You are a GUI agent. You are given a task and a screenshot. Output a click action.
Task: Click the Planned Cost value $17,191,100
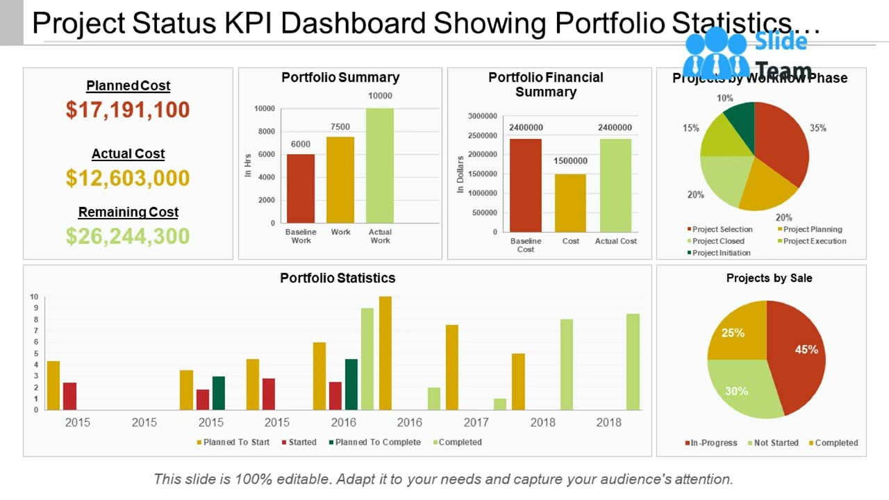(128, 110)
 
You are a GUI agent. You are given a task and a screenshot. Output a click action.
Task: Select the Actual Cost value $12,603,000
(128, 178)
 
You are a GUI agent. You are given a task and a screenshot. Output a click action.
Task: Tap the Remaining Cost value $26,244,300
(128, 236)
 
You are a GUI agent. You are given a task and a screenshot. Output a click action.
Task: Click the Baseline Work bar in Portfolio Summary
(301, 188)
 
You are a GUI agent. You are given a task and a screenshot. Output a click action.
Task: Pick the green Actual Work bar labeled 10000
(380, 165)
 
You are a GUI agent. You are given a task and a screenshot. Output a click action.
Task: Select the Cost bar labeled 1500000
(570, 203)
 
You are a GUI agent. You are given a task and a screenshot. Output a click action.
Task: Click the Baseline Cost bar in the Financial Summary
(525, 185)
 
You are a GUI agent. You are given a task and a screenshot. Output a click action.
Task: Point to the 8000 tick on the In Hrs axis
(266, 131)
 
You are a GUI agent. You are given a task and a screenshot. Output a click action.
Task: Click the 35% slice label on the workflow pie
(817, 128)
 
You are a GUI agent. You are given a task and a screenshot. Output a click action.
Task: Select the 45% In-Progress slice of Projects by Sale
(799, 354)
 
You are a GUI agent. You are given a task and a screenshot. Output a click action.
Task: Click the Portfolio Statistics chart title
(338, 278)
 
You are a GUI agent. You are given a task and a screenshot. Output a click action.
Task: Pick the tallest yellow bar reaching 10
(385, 353)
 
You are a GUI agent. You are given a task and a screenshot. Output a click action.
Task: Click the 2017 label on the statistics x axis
(476, 422)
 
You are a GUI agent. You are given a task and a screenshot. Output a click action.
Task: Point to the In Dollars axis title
(460, 174)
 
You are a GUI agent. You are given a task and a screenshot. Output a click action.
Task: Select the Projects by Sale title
(769, 278)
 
